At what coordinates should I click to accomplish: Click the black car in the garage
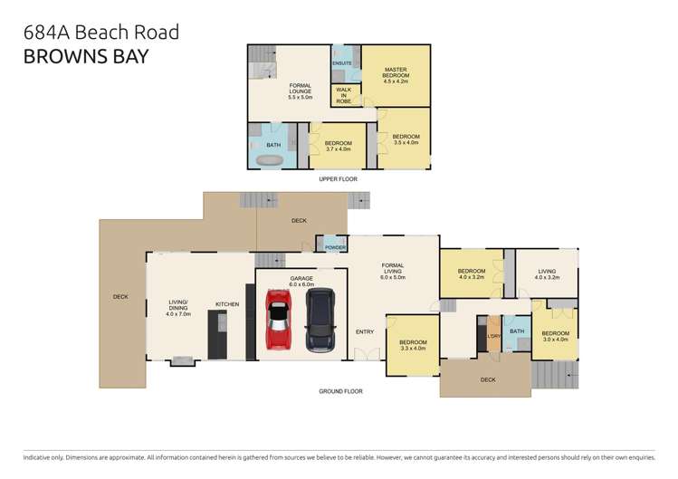click(320, 320)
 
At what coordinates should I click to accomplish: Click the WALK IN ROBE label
click(344, 95)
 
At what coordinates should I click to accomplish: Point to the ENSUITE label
click(342, 62)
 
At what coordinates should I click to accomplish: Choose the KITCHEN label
click(227, 304)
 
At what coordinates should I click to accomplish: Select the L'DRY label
click(493, 337)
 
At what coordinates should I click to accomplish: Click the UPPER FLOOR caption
click(338, 179)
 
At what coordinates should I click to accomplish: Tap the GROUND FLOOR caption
click(340, 391)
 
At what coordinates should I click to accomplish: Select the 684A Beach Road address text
click(100, 33)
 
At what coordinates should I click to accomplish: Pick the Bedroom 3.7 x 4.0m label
click(338, 147)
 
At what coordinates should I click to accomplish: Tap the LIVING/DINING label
click(177, 308)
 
